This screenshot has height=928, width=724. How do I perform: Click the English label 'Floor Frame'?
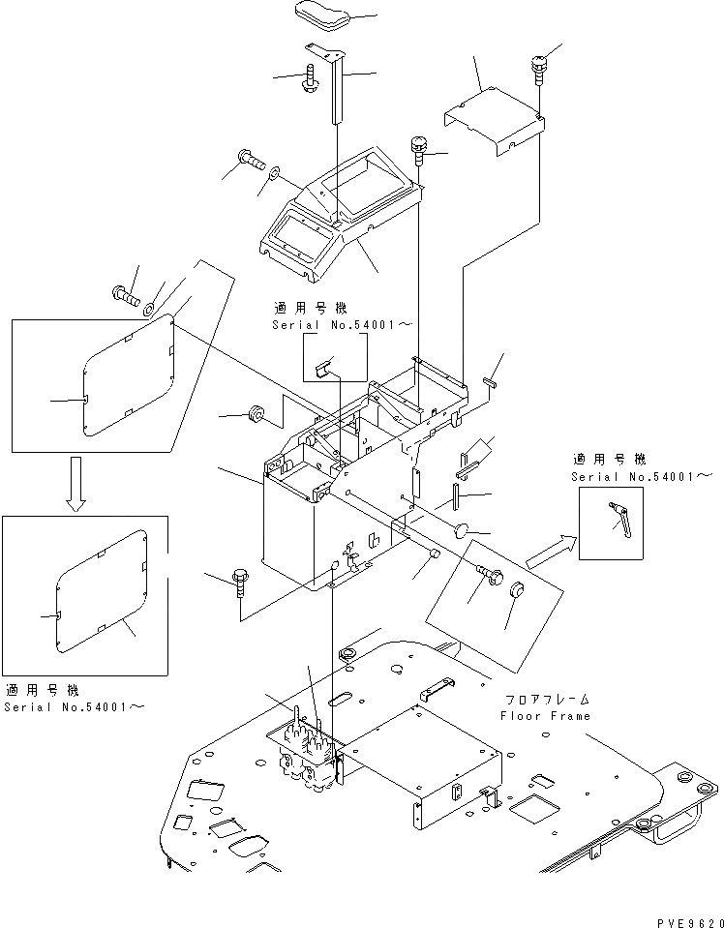[x=545, y=716]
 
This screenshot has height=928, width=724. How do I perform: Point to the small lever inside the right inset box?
[x=618, y=518]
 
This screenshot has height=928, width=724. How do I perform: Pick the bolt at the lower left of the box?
[x=240, y=584]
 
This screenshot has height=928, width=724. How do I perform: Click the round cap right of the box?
[x=461, y=530]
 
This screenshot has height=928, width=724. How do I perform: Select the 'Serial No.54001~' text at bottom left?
[x=75, y=707]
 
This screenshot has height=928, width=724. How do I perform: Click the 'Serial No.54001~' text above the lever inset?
[x=642, y=477]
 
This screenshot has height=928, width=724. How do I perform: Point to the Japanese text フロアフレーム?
[x=546, y=699]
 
